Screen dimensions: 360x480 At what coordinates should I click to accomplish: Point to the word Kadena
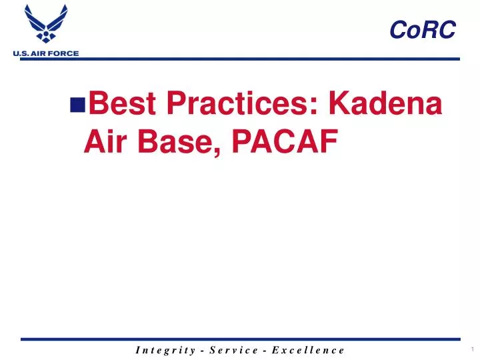click(x=386, y=105)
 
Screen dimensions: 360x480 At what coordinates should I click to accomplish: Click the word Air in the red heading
click(x=105, y=141)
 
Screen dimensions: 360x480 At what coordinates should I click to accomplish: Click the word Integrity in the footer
click(x=163, y=349)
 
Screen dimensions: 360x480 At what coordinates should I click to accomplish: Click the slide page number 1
click(x=471, y=349)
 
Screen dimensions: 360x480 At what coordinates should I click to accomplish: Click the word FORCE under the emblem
click(x=63, y=53)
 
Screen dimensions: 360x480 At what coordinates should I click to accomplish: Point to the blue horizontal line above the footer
click(x=240, y=339)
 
